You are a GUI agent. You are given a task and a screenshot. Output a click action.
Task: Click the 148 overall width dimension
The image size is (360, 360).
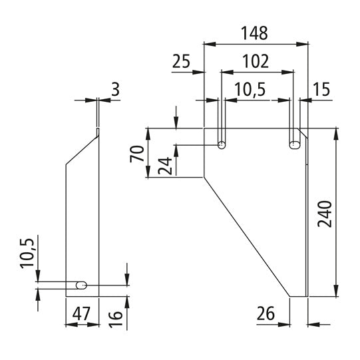(x=256, y=32)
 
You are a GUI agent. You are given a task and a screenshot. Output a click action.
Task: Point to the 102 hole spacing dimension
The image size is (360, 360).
(x=256, y=61)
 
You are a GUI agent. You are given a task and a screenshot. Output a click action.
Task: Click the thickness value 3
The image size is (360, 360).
(x=116, y=89)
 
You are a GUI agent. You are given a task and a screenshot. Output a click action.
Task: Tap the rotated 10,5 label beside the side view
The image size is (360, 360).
(x=27, y=252)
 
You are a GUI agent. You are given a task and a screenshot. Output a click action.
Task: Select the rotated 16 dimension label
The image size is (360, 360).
(x=115, y=313)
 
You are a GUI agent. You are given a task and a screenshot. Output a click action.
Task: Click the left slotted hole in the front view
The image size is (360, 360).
(x=221, y=144)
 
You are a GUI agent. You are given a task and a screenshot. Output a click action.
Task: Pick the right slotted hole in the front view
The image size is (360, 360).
(x=293, y=144)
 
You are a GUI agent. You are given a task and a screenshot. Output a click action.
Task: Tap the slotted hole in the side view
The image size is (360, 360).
(x=81, y=285)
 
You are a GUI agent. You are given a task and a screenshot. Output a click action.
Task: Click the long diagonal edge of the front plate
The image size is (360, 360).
(x=246, y=236)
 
